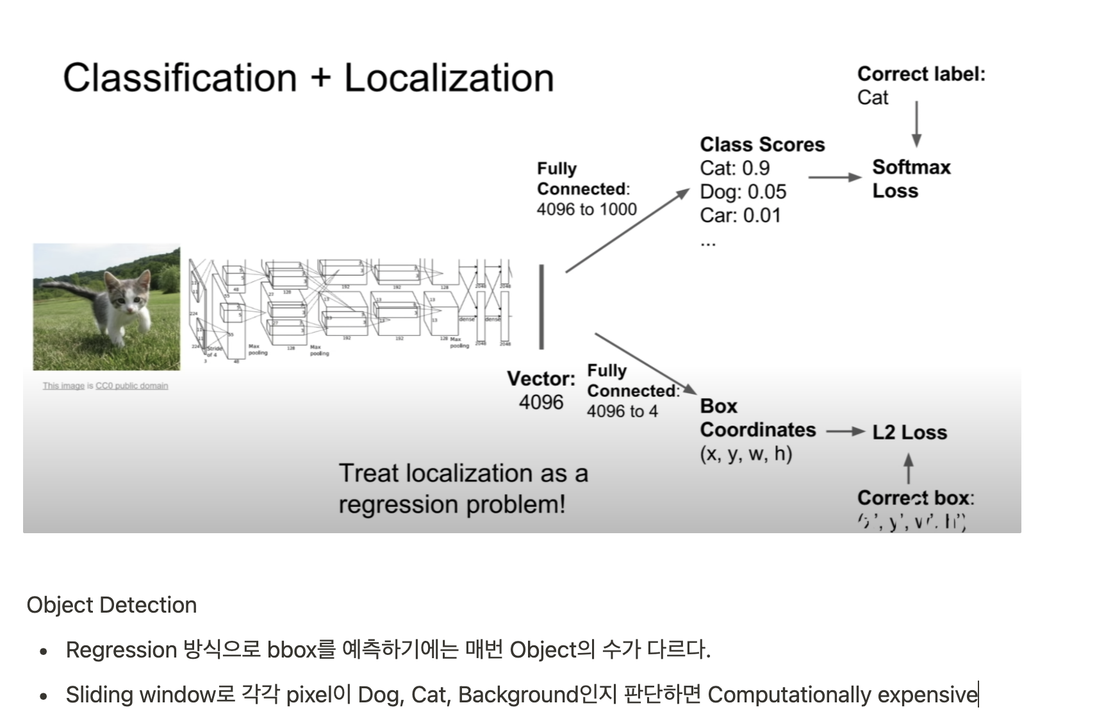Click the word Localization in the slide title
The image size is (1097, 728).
pyautogui.click(x=449, y=78)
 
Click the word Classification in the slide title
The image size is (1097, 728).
pyautogui.click(x=179, y=78)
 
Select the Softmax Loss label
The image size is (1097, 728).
pyautogui.click(x=911, y=179)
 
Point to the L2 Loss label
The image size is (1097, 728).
pyautogui.click(x=909, y=432)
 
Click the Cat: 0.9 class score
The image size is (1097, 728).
pyautogui.click(x=734, y=168)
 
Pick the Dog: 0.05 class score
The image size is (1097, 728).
pyautogui.click(x=743, y=192)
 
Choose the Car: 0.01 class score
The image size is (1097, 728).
pyautogui.click(x=740, y=215)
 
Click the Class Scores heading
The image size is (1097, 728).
pyautogui.click(x=762, y=144)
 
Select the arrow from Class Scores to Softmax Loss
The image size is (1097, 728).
pyautogui.click(x=835, y=177)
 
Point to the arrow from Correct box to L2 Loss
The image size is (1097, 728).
pyautogui.click(x=908, y=468)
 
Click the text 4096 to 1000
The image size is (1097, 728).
pyautogui.click(x=586, y=210)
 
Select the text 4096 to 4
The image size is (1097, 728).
pyautogui.click(x=622, y=411)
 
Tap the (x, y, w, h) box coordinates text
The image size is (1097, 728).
pyautogui.click(x=746, y=454)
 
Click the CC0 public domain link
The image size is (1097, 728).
pyautogui.click(x=131, y=386)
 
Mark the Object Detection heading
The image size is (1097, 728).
pyautogui.click(x=111, y=605)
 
